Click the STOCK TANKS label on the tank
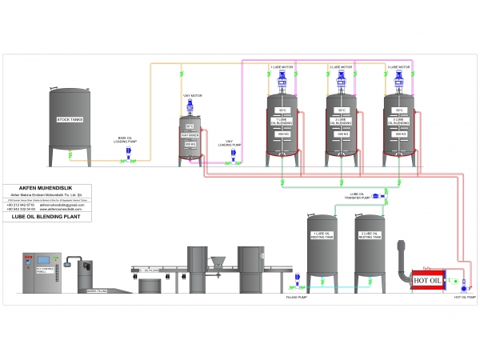point(70,119)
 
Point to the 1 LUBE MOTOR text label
point(281,66)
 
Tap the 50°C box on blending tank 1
point(282,110)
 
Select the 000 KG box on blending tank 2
point(341,134)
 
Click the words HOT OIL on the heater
point(428,279)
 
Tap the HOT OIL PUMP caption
point(466,298)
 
